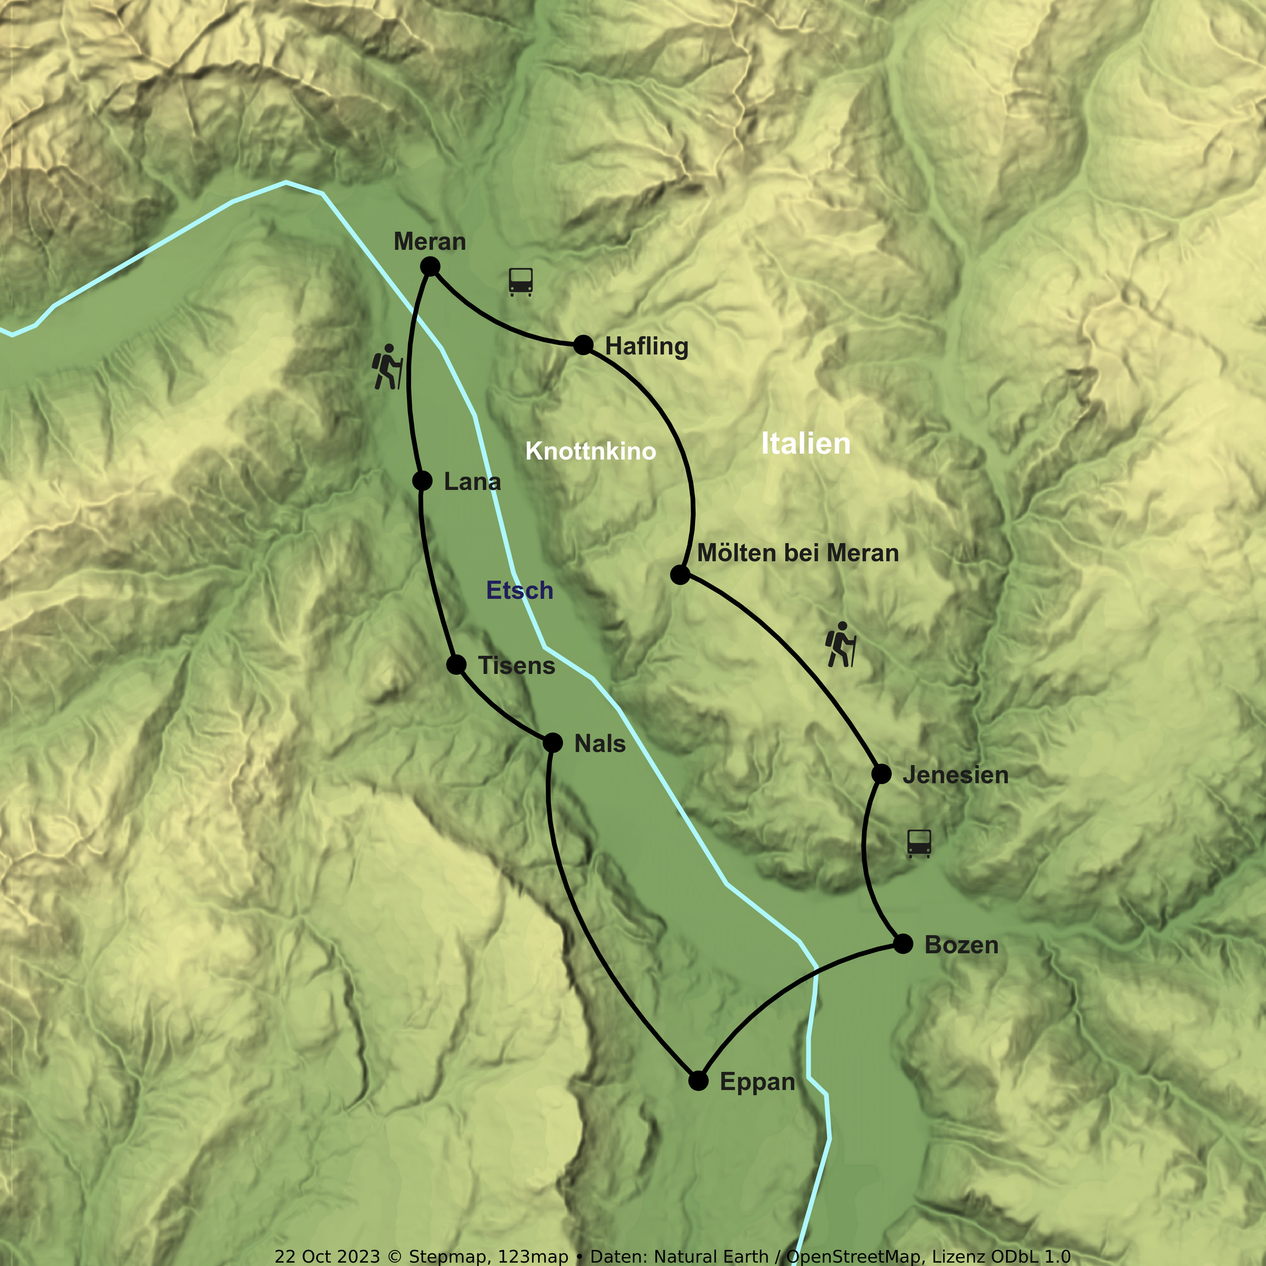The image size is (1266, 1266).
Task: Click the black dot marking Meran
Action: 430,267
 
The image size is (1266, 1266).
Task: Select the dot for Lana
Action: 423,481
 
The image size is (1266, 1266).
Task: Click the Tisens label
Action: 517,666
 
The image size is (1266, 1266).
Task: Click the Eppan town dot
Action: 698,1081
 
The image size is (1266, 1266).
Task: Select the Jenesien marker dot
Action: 882,774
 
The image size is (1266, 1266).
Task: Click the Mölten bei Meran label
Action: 798,553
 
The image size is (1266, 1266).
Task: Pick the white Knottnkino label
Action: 590,452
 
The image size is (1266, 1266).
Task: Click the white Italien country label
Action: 805,444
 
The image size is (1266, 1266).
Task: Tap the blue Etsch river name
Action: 519,590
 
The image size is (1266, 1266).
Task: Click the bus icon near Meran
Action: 521,282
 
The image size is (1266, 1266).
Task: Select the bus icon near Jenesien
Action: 920,843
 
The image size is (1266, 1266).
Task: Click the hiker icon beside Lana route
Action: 387,367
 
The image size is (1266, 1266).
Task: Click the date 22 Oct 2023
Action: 327,1256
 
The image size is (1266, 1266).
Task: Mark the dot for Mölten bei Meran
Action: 680,575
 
